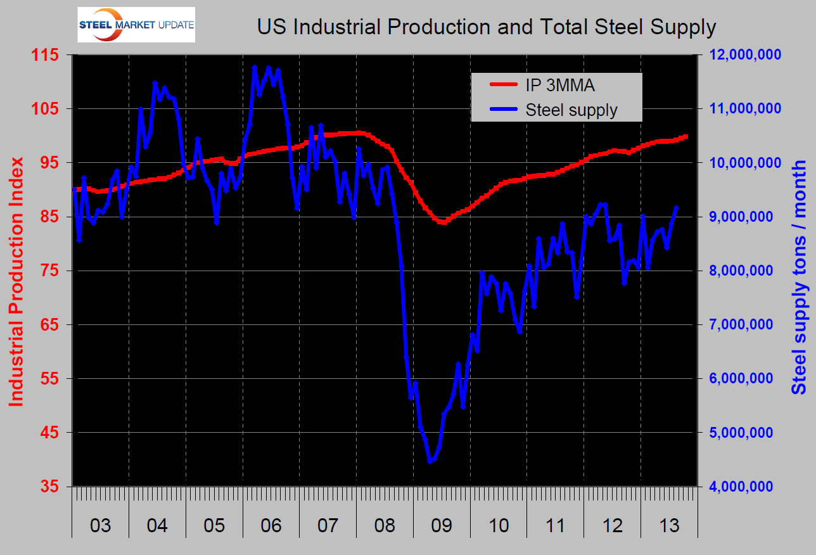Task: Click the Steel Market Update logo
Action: [x=136, y=25]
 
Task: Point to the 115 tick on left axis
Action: [x=44, y=55]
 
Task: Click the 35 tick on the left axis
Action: [x=48, y=487]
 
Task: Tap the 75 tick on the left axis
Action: [x=48, y=271]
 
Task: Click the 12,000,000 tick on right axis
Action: [x=745, y=55]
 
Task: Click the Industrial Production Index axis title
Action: [x=16, y=282]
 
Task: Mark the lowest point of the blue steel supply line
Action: [x=430, y=462]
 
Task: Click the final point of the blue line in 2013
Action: [x=677, y=208]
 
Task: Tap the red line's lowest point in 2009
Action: [x=443, y=222]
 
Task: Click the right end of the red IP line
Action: [x=686, y=137]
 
